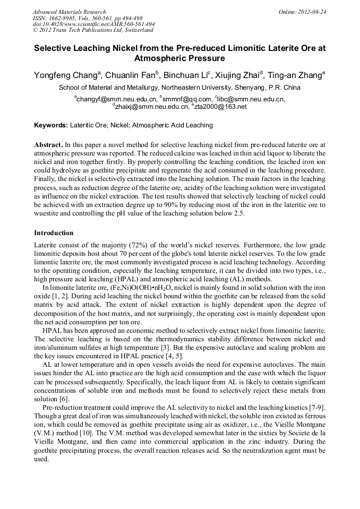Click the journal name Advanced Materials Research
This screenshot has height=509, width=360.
click(x=69, y=12)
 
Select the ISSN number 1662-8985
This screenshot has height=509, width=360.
click(x=64, y=18)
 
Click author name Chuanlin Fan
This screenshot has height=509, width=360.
click(x=129, y=75)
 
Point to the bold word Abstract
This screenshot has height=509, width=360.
click(x=48, y=144)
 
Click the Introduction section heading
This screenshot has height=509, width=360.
click(x=54, y=233)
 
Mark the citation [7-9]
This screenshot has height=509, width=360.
click(x=316, y=407)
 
